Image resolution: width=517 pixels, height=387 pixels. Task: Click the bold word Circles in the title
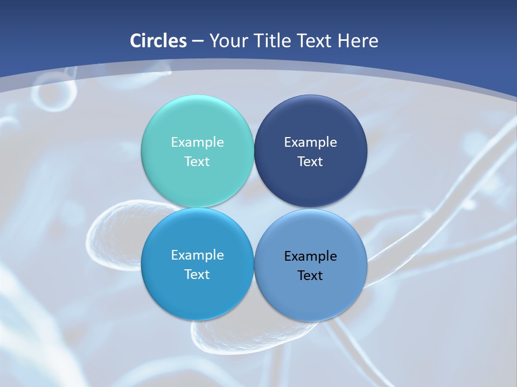coord(158,41)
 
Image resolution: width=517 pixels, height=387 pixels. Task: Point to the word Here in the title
coord(358,41)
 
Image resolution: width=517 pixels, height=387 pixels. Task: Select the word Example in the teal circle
coord(197,142)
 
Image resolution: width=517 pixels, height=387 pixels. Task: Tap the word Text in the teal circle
coord(197,161)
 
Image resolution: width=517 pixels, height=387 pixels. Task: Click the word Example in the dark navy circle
coord(310,142)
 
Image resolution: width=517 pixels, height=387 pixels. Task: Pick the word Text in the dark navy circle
coord(310,161)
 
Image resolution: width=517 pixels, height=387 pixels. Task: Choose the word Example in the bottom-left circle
coord(197,255)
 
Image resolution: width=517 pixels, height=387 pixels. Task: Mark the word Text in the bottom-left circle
coord(197,274)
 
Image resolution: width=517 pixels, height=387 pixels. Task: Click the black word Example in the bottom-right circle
coord(310,256)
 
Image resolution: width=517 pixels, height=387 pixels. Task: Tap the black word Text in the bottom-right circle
coord(310,275)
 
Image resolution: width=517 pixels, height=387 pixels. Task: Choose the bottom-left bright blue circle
coord(197,298)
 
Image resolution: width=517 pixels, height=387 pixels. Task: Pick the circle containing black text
coord(311,298)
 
